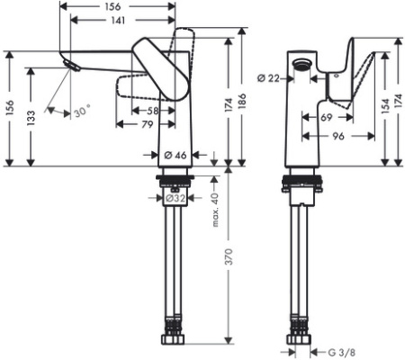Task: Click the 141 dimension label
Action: point(118,21)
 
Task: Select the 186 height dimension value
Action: point(242,101)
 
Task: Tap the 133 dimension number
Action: point(31,118)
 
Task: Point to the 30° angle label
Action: point(82,112)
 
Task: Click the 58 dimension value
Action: point(153,111)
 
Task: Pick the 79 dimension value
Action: point(148,124)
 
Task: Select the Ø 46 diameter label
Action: point(175,155)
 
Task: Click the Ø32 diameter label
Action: point(175,198)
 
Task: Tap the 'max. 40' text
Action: point(215,210)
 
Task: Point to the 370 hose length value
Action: point(229,256)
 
